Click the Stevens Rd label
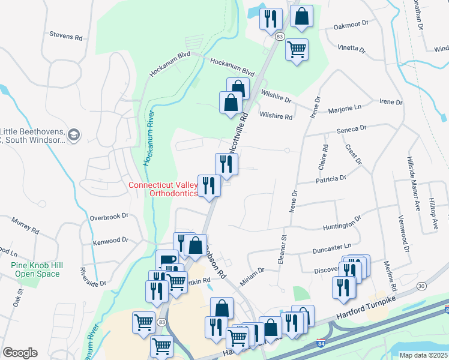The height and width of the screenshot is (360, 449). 66,37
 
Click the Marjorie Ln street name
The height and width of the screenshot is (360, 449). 345,110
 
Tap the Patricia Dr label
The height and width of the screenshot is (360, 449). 331,178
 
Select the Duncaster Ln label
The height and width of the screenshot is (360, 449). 331,247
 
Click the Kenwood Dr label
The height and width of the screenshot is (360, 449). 110,241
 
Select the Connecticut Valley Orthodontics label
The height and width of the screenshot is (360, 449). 163,189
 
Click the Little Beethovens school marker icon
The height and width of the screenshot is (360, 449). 74,134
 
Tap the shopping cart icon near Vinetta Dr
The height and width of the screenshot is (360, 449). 297,49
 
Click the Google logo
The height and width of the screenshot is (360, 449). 20,352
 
